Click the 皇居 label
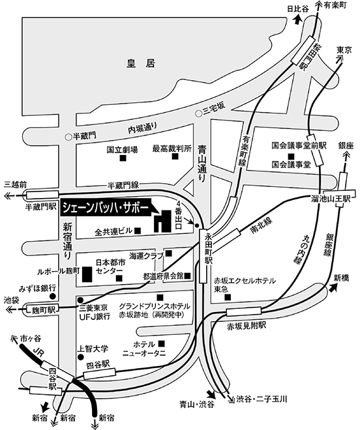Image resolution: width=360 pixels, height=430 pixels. click(141, 63)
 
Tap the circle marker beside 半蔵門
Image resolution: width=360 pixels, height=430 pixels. click(68, 137)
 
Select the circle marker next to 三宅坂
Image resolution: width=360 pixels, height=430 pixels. click(198, 113)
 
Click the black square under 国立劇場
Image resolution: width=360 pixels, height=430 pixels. click(123, 158)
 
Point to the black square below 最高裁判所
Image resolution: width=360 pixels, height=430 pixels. click(175, 156)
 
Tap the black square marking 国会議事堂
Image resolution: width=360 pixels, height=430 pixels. click(291, 156)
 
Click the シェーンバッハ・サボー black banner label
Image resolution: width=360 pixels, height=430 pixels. click(106, 208)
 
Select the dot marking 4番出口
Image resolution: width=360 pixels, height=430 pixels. click(196, 225)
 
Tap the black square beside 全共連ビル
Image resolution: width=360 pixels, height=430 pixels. click(138, 231)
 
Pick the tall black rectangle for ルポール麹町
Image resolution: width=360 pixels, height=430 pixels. click(87, 274)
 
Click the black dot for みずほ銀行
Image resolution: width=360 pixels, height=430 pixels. click(52, 296)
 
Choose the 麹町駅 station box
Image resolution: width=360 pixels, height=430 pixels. click(41, 310)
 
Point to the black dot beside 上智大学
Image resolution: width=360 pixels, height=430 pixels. click(80, 357)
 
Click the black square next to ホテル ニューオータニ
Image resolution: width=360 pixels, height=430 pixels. click(162, 343)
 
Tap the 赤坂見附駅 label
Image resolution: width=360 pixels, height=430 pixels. click(247, 326)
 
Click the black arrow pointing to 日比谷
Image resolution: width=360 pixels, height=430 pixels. click(298, 21)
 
